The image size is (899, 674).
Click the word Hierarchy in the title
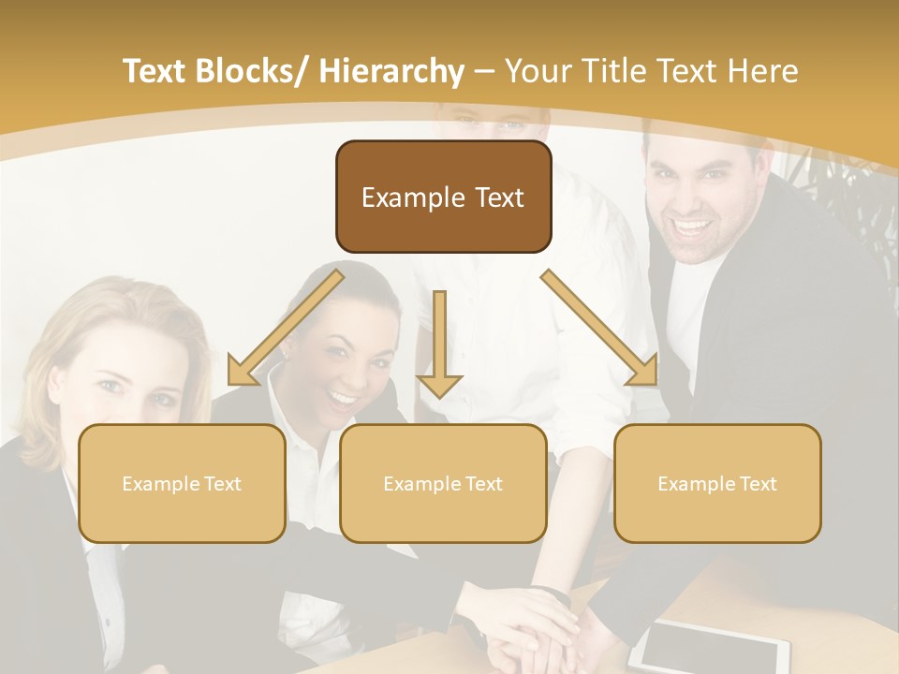coord(391,71)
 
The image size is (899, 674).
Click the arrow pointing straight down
coord(439,346)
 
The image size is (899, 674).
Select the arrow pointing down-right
coord(600,328)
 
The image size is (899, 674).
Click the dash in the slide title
coord(484,72)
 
